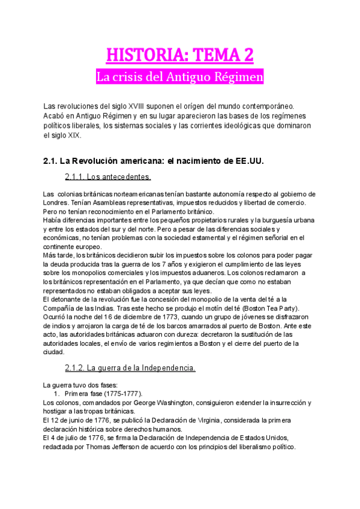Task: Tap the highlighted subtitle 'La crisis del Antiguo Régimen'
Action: point(180,78)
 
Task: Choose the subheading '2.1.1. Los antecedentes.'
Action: point(107,177)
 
